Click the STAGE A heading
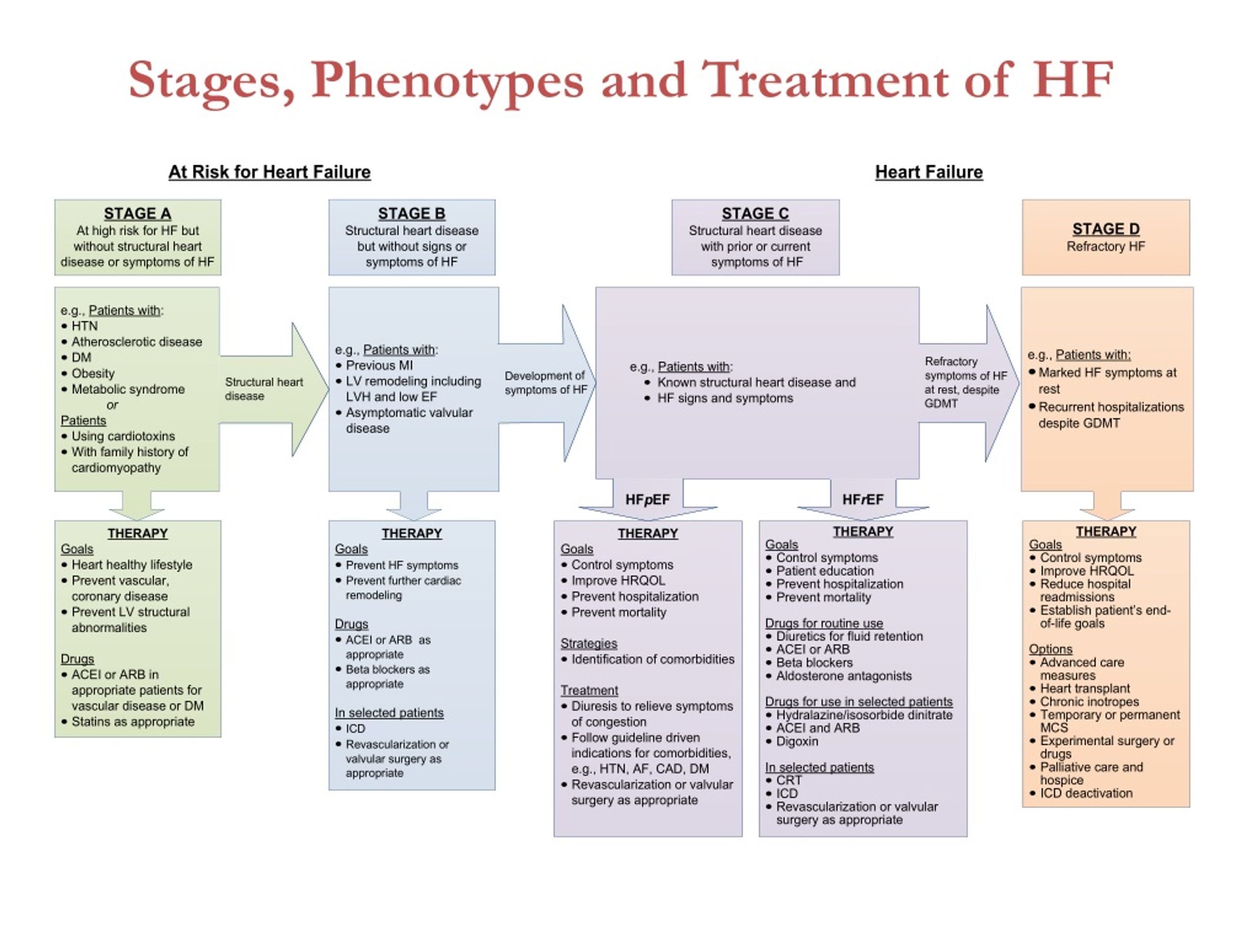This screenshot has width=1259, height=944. tap(137, 213)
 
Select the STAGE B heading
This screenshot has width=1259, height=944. tap(412, 213)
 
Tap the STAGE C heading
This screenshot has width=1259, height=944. tap(755, 213)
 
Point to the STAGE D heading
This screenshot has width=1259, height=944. tap(1106, 229)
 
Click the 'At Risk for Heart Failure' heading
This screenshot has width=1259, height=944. tap(269, 172)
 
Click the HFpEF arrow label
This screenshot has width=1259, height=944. tap(647, 500)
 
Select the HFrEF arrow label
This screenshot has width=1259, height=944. tap(863, 500)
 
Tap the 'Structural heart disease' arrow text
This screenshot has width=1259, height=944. tap(264, 388)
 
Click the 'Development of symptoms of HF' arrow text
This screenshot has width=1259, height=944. tap(545, 383)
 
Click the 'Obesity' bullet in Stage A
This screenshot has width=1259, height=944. tap(93, 373)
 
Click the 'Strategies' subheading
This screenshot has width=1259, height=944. tap(589, 644)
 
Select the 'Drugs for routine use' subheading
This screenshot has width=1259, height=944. tap(824, 623)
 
